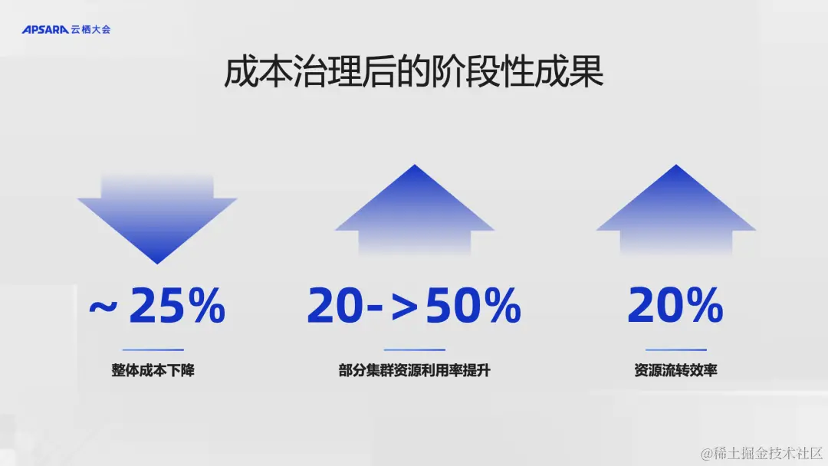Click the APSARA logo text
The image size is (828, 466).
(45, 30)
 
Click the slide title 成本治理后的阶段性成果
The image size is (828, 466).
(414, 74)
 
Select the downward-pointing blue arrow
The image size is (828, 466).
(157, 218)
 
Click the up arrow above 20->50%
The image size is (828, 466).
(415, 208)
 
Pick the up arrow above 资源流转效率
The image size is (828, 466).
(676, 208)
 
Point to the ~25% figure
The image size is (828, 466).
(157, 307)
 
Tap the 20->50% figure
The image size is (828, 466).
(414, 307)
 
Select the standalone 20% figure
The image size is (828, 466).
(675, 307)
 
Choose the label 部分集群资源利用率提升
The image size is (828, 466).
(414, 371)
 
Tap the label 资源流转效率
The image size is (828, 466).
(675, 371)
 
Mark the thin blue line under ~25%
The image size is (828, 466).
(153, 350)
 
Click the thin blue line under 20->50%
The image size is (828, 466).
(414, 350)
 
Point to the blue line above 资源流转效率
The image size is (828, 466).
(675, 350)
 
